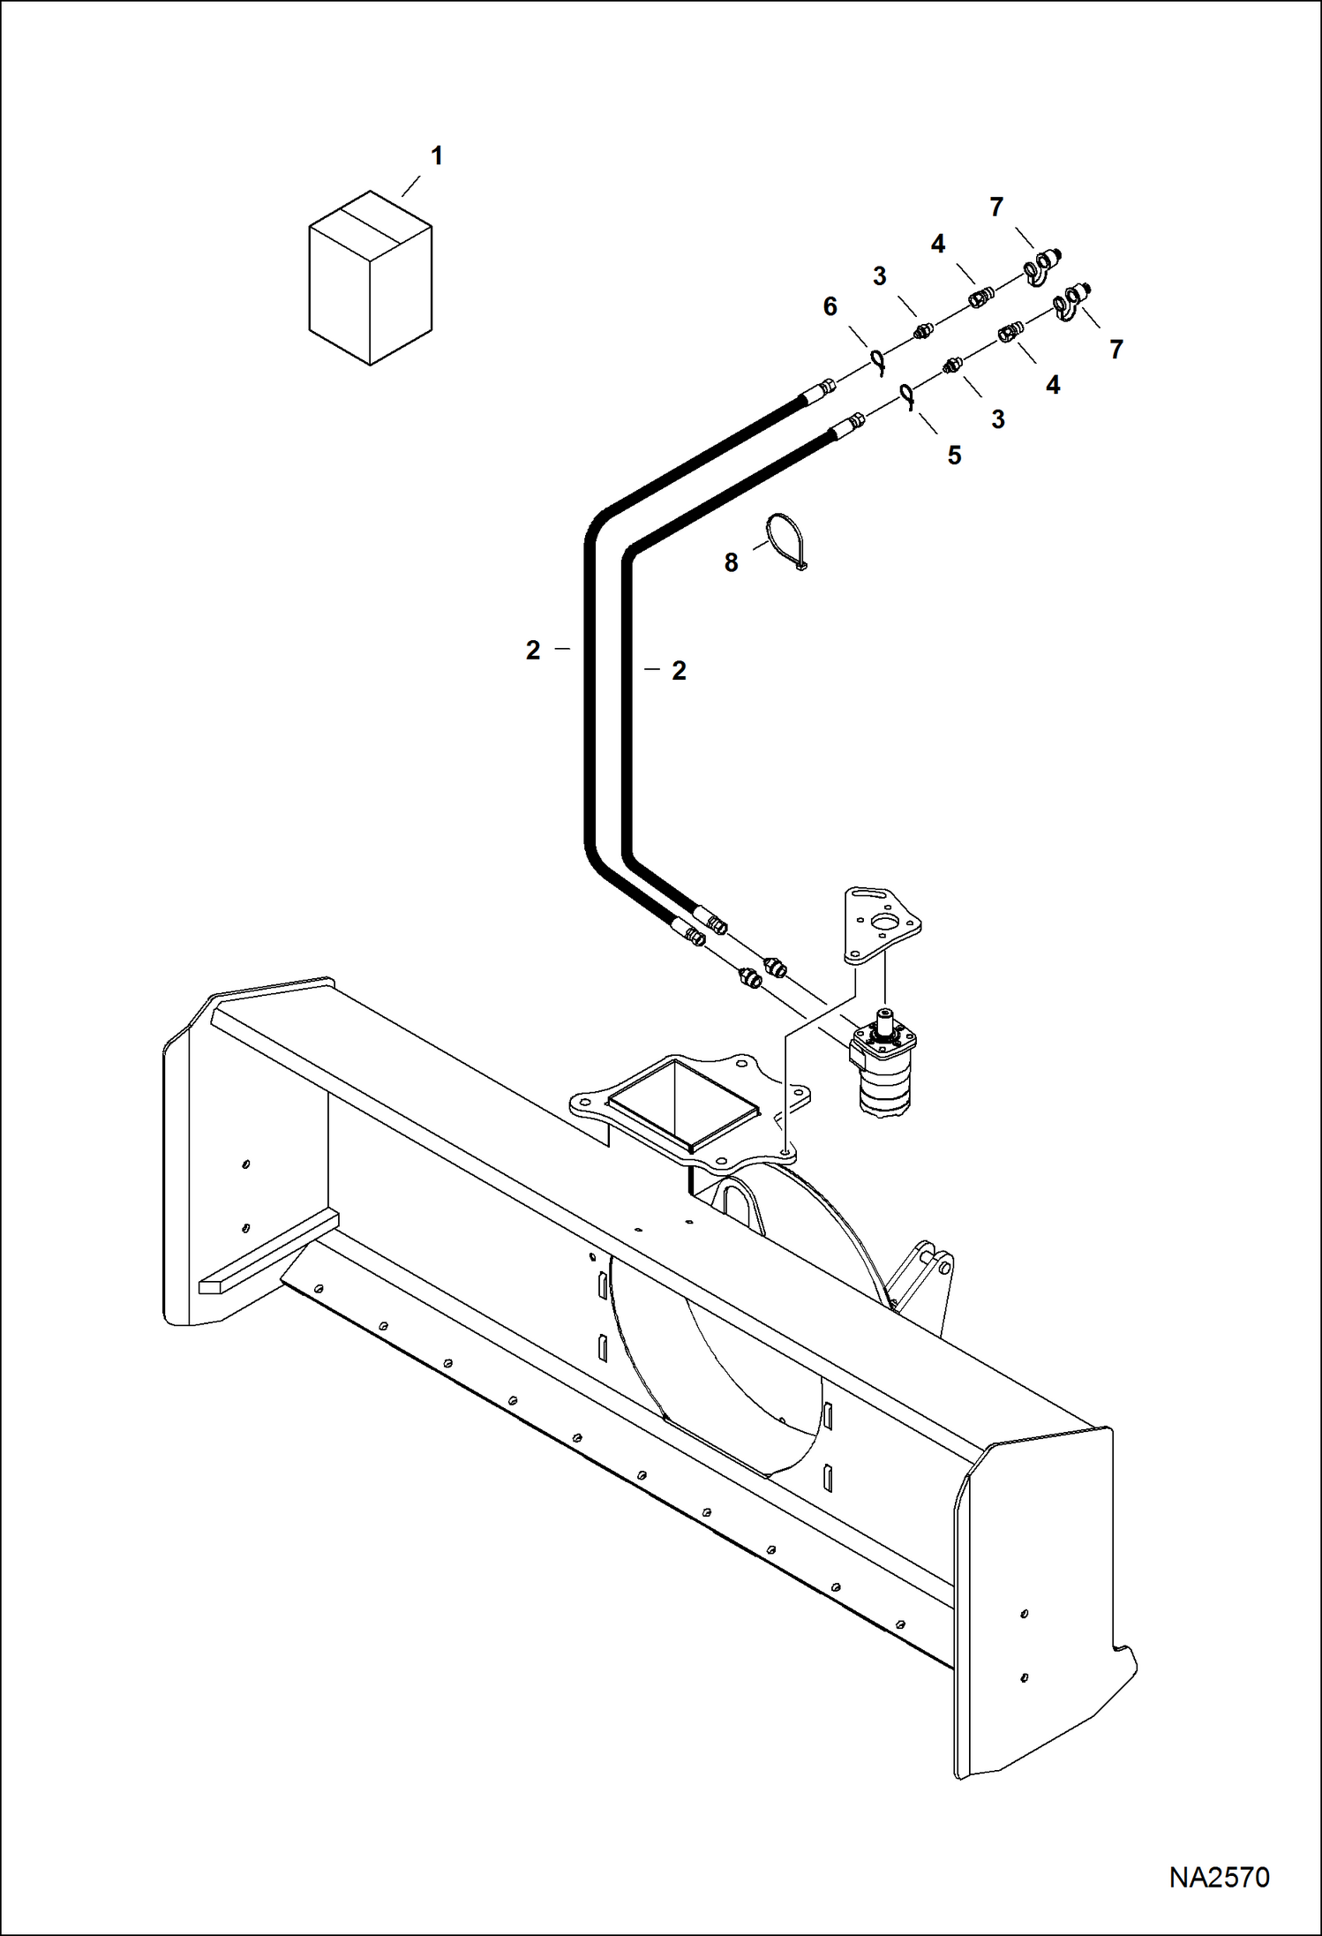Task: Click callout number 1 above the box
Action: tap(436, 156)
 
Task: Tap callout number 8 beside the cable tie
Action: tap(731, 562)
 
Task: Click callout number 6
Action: tap(830, 306)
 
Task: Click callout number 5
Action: tap(954, 456)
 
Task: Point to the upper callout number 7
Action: tap(996, 207)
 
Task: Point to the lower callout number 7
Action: tap(1115, 350)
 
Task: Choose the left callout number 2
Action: tap(533, 651)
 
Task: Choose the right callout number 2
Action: tap(678, 671)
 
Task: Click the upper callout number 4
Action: tap(937, 245)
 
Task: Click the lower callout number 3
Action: tap(997, 419)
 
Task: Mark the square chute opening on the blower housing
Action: tap(684, 1103)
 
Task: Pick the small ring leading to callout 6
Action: tap(878, 360)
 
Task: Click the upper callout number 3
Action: tap(879, 276)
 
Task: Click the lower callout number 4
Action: tap(1052, 385)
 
